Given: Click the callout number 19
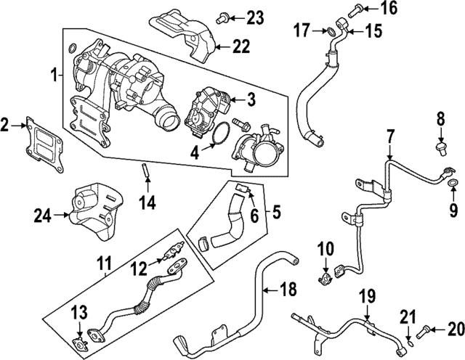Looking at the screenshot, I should pyautogui.click(x=368, y=296).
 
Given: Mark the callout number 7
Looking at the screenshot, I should pyautogui.click(x=390, y=135).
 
